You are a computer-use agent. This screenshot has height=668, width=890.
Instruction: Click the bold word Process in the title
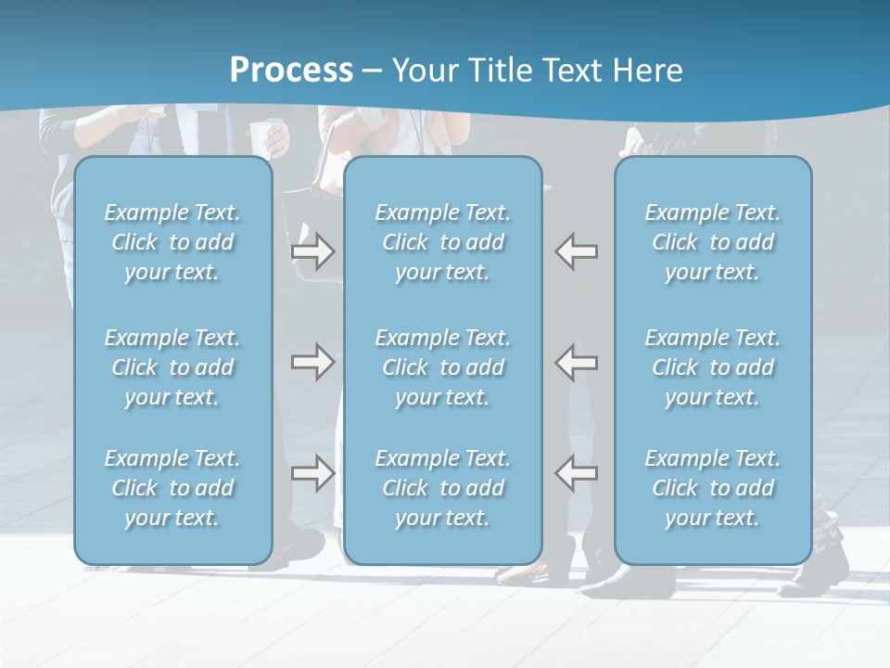(291, 71)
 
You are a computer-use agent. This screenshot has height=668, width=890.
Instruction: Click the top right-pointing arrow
(312, 251)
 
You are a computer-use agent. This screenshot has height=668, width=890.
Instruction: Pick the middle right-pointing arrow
(312, 362)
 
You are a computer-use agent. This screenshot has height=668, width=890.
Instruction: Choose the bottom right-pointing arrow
(312, 472)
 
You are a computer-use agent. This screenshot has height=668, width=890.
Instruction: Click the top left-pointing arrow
(576, 251)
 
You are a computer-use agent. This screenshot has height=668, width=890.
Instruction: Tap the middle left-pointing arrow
(576, 362)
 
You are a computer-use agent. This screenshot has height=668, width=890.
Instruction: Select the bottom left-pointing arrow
(576, 472)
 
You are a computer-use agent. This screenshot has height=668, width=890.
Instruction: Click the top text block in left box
(172, 242)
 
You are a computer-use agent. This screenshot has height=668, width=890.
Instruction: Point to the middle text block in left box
(172, 367)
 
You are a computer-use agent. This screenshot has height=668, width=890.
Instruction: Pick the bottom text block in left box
(172, 488)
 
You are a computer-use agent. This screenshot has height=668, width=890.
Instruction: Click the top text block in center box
(442, 242)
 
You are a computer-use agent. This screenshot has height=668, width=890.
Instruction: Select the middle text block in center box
(442, 367)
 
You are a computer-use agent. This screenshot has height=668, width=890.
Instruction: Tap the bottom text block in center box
(442, 488)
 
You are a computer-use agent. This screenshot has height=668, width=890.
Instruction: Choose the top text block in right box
(713, 242)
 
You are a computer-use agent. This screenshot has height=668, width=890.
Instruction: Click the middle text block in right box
(713, 367)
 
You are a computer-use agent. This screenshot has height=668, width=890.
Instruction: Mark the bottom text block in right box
(713, 488)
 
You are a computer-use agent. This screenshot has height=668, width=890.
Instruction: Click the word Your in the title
(422, 71)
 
